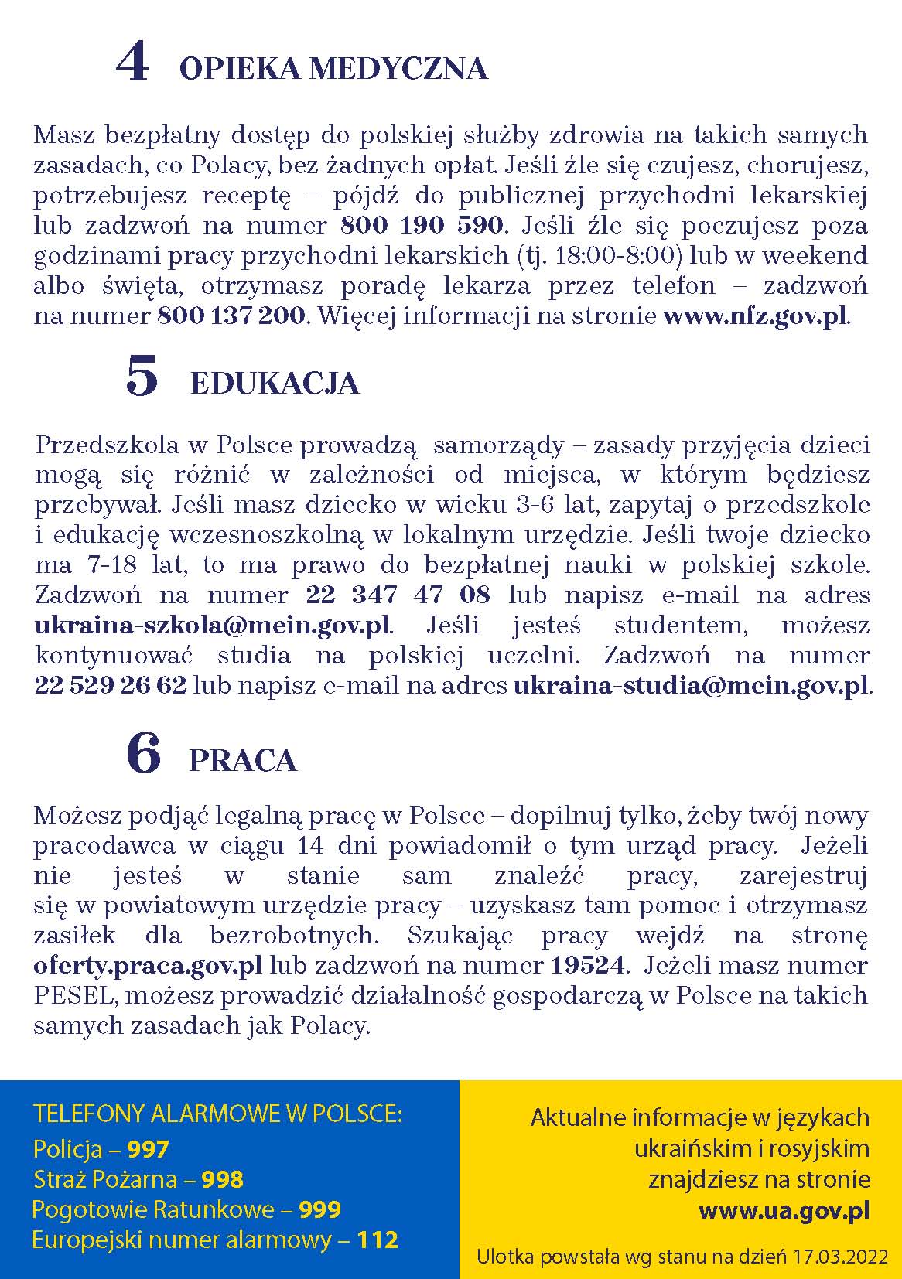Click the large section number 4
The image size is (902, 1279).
point(132,63)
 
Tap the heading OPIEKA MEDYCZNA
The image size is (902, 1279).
point(333,70)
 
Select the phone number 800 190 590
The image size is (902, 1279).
point(422,226)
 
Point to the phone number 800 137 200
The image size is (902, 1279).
point(231,316)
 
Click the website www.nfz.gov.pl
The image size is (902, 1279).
point(755,316)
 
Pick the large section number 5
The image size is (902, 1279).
point(142,377)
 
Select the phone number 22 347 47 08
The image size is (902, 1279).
point(398,595)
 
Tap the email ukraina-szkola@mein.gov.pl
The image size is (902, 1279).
point(213,626)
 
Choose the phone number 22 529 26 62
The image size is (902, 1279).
point(111,686)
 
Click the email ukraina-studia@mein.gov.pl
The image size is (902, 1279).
point(691,686)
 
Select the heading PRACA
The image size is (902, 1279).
point(243,761)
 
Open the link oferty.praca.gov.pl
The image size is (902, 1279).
point(148,966)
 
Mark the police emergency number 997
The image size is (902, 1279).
point(148,1150)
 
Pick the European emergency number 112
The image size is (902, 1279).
point(377,1240)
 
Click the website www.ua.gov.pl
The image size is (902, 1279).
point(784,1210)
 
